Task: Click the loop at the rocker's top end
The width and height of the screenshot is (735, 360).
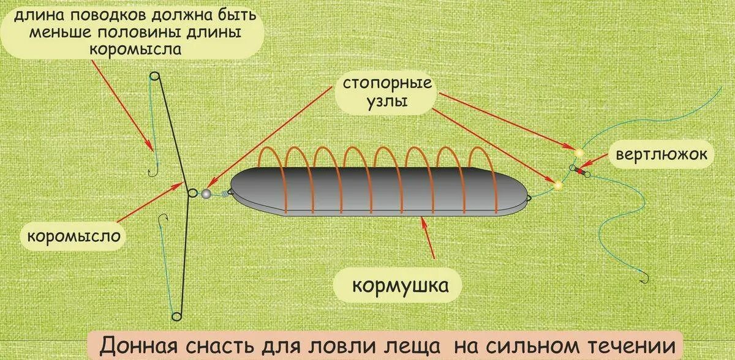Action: [154, 77]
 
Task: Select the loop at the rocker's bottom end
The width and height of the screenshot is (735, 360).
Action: [176, 317]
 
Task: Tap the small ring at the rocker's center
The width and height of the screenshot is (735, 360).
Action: [192, 193]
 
